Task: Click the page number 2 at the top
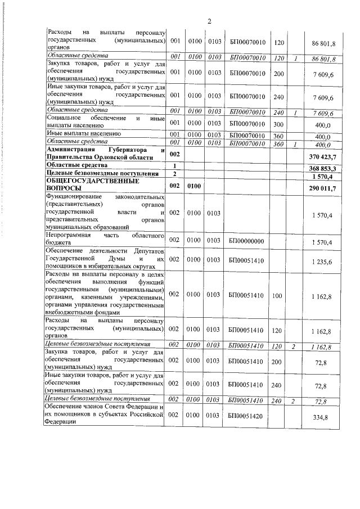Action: tap(209, 21)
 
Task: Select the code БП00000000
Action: tap(247, 241)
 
